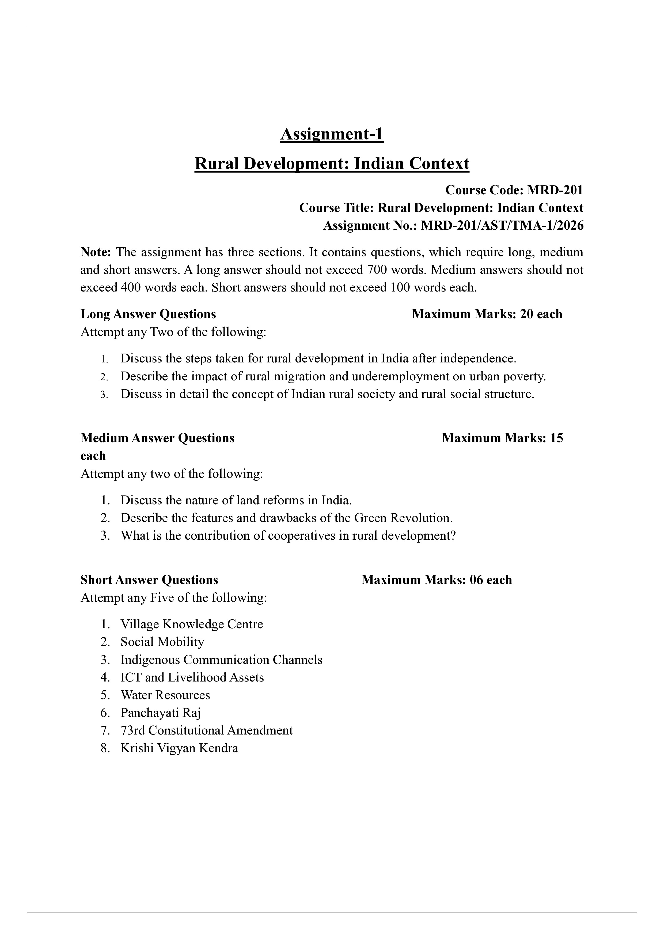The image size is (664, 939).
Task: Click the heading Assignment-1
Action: [332, 135]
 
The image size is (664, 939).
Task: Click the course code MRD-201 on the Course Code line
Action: [555, 190]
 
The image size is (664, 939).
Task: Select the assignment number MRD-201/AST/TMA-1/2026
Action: [502, 226]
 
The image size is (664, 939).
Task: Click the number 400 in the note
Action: [130, 287]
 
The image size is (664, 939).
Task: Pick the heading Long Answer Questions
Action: [148, 314]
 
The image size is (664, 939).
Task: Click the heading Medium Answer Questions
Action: [157, 438]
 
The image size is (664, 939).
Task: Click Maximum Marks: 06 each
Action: [437, 580]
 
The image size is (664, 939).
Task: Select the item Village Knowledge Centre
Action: [192, 624]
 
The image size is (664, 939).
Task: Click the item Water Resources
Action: [165, 695]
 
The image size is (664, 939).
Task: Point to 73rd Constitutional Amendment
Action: [206, 731]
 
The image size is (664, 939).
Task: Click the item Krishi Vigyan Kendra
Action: [179, 748]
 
